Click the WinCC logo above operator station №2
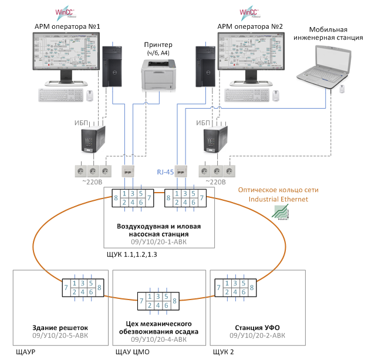(x=247, y=11)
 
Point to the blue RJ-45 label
(x=164, y=171)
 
